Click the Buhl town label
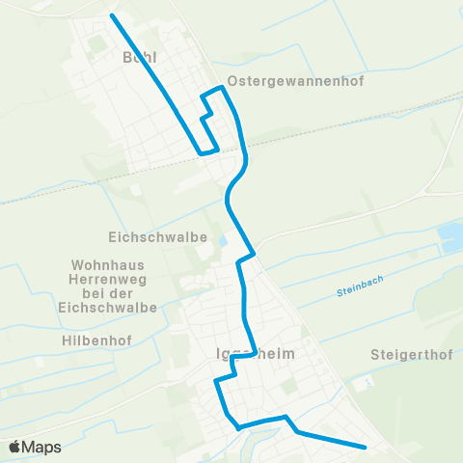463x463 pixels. (x=139, y=57)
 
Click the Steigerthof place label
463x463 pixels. (x=406, y=355)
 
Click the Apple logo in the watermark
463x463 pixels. (x=15, y=447)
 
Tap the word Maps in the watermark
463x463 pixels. (x=41, y=447)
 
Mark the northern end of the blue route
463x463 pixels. (x=112, y=15)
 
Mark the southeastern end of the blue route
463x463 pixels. (x=366, y=447)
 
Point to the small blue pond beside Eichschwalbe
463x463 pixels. (x=224, y=240)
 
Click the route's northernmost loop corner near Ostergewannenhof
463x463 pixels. (x=223, y=88)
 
